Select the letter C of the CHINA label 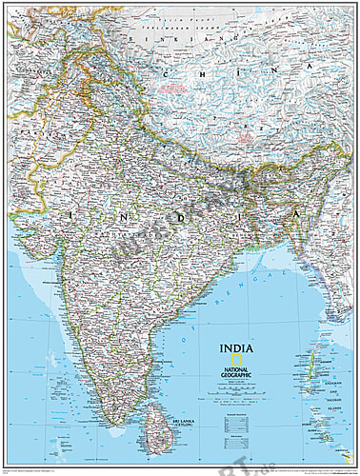170,72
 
